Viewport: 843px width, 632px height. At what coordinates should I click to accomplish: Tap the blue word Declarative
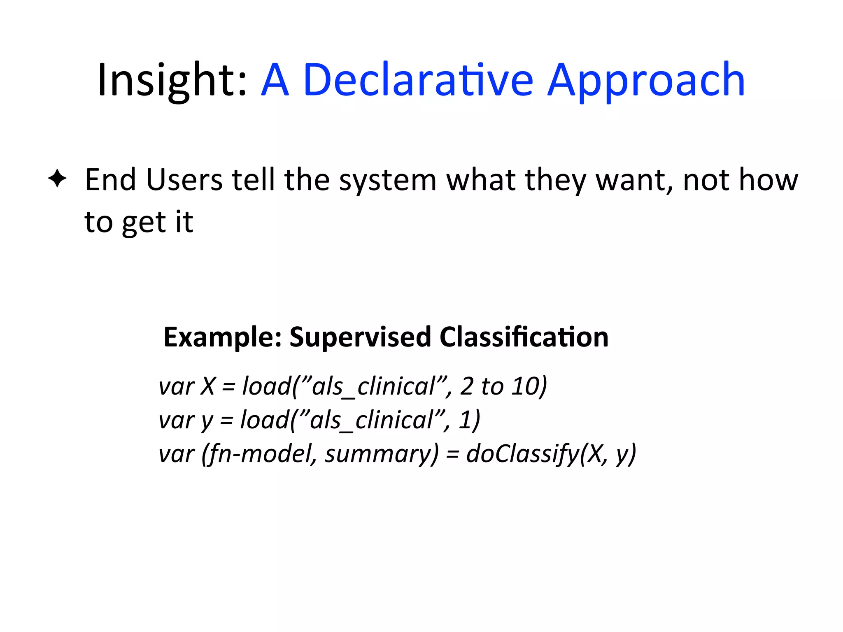point(418,80)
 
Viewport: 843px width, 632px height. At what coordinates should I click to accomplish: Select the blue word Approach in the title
point(646,80)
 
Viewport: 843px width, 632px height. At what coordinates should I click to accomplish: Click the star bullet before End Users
point(57,179)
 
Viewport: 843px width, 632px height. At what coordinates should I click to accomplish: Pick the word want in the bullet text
point(634,180)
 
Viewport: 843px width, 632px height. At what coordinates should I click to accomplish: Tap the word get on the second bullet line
point(146,223)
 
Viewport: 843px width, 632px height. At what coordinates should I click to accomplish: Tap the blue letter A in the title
point(275,80)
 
